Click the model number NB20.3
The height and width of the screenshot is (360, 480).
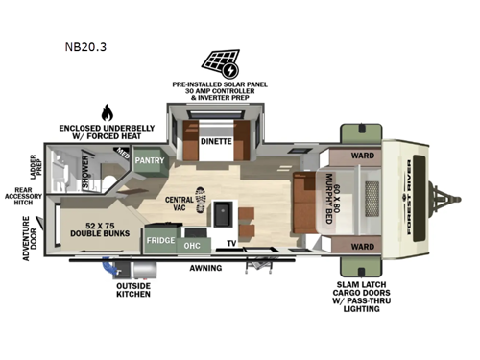(x=85, y=44)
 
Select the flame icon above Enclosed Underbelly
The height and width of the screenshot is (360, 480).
(x=106, y=110)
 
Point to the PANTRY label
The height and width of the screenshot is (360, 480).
(x=150, y=160)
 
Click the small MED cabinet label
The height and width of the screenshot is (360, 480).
(x=122, y=152)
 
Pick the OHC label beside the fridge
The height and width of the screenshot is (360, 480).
(x=191, y=244)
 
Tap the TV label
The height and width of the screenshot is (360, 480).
(x=232, y=244)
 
